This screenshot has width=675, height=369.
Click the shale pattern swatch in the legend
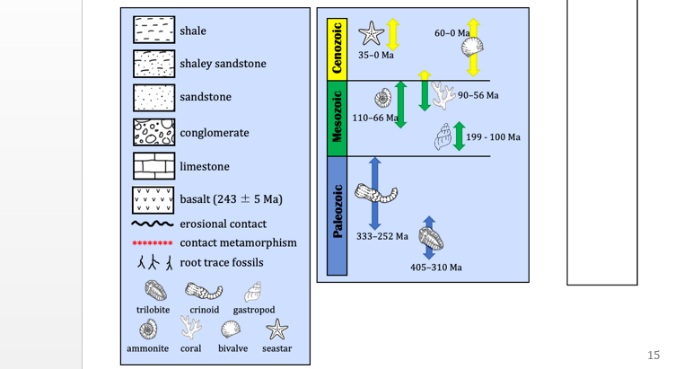tap(153, 31)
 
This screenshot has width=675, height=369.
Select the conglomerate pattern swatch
tap(153, 132)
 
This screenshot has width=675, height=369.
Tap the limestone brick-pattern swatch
tap(153, 166)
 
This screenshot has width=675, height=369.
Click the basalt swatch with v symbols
tap(153, 198)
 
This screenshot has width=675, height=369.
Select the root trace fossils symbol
tap(153, 263)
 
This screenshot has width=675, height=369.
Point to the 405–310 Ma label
tap(436, 268)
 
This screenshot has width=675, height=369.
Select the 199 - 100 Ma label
tap(494, 137)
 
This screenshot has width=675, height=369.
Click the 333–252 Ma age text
tap(382, 236)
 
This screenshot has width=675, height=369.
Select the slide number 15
tap(653, 356)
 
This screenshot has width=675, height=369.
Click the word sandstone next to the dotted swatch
tap(206, 97)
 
